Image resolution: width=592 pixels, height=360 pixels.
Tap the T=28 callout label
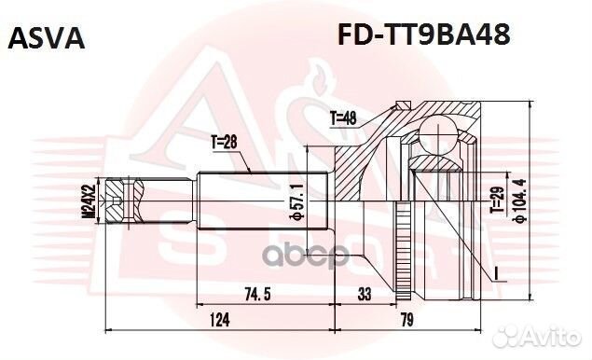(225, 142)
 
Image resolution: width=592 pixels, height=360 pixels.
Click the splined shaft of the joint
(252, 200)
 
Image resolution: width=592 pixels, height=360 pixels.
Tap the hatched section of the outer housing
(359, 168)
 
